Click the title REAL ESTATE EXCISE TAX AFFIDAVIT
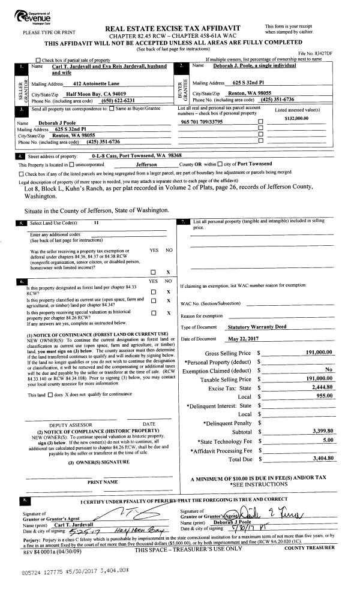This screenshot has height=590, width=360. (173, 28)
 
